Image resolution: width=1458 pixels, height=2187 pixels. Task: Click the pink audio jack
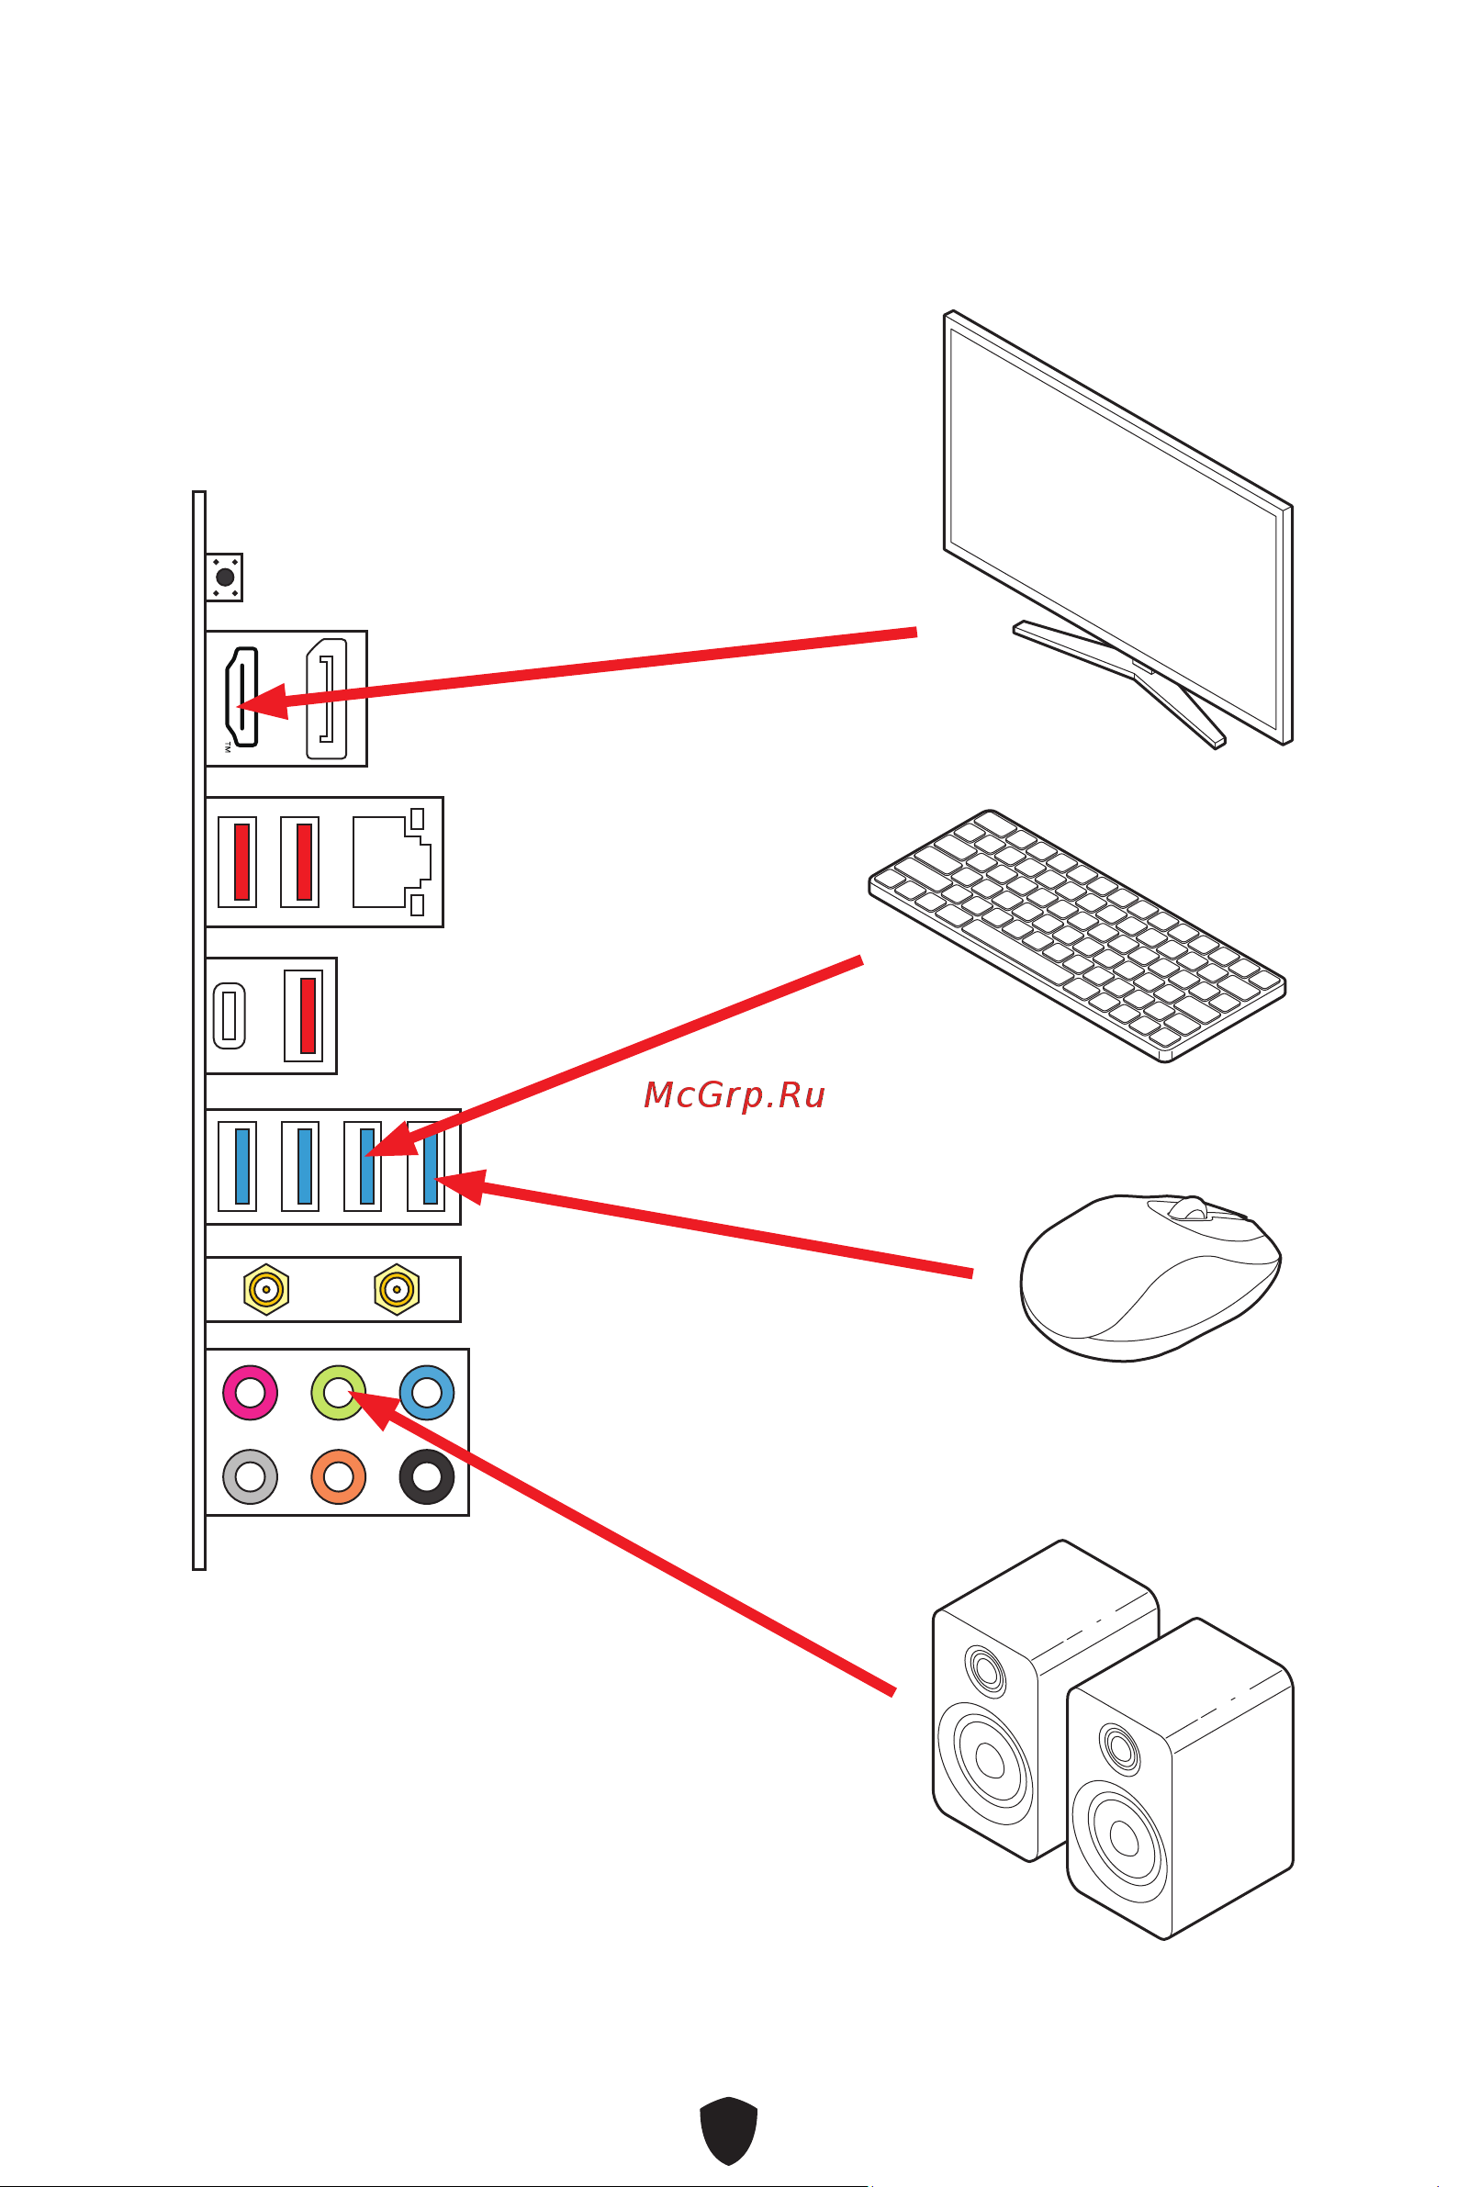point(250,1392)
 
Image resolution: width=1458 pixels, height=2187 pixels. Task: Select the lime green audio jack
point(338,1392)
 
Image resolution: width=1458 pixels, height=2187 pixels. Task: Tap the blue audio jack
point(427,1392)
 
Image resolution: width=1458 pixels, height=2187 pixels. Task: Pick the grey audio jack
point(250,1476)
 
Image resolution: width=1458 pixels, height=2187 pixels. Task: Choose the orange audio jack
point(338,1476)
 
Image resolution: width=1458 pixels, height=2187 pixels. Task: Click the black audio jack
point(427,1476)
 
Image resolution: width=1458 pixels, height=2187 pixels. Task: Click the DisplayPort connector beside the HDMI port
point(326,699)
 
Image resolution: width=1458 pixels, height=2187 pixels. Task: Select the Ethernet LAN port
point(390,861)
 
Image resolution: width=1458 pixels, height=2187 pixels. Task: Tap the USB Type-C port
point(230,1015)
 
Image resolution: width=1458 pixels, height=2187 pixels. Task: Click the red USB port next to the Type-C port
point(304,1015)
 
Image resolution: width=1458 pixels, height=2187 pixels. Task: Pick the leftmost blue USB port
point(238,1166)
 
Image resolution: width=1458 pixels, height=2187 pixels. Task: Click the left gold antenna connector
point(267,1289)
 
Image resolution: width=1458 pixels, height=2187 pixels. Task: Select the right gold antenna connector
point(397,1289)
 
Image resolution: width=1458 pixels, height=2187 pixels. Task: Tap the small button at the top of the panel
point(224,578)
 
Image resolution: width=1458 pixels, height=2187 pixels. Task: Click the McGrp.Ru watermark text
point(734,1095)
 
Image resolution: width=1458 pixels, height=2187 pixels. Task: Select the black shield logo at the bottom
point(728,2130)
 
